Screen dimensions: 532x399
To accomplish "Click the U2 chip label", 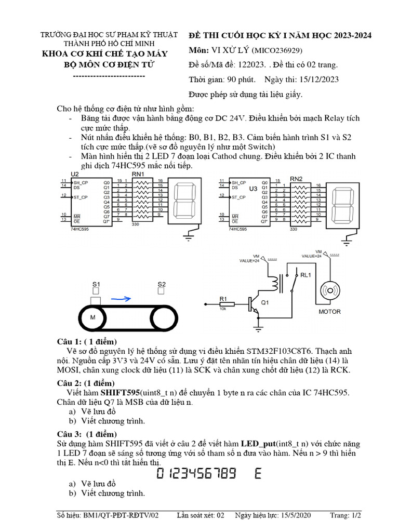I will click(74, 174).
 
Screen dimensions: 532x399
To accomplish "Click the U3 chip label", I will click(253, 189).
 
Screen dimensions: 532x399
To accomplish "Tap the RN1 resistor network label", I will click(138, 174).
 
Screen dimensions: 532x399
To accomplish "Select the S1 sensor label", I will click(96, 284).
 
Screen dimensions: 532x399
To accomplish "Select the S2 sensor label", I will click(162, 284).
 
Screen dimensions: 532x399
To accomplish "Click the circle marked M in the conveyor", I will click(94, 317).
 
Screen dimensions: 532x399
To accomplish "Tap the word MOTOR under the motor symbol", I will click(329, 312).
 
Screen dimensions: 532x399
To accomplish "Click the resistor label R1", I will click(223, 298).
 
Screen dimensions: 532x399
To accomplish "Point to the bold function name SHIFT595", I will click(120, 393).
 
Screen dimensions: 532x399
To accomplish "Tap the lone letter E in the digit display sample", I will click(258, 473).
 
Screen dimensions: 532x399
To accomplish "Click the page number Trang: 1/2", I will click(345, 515).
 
